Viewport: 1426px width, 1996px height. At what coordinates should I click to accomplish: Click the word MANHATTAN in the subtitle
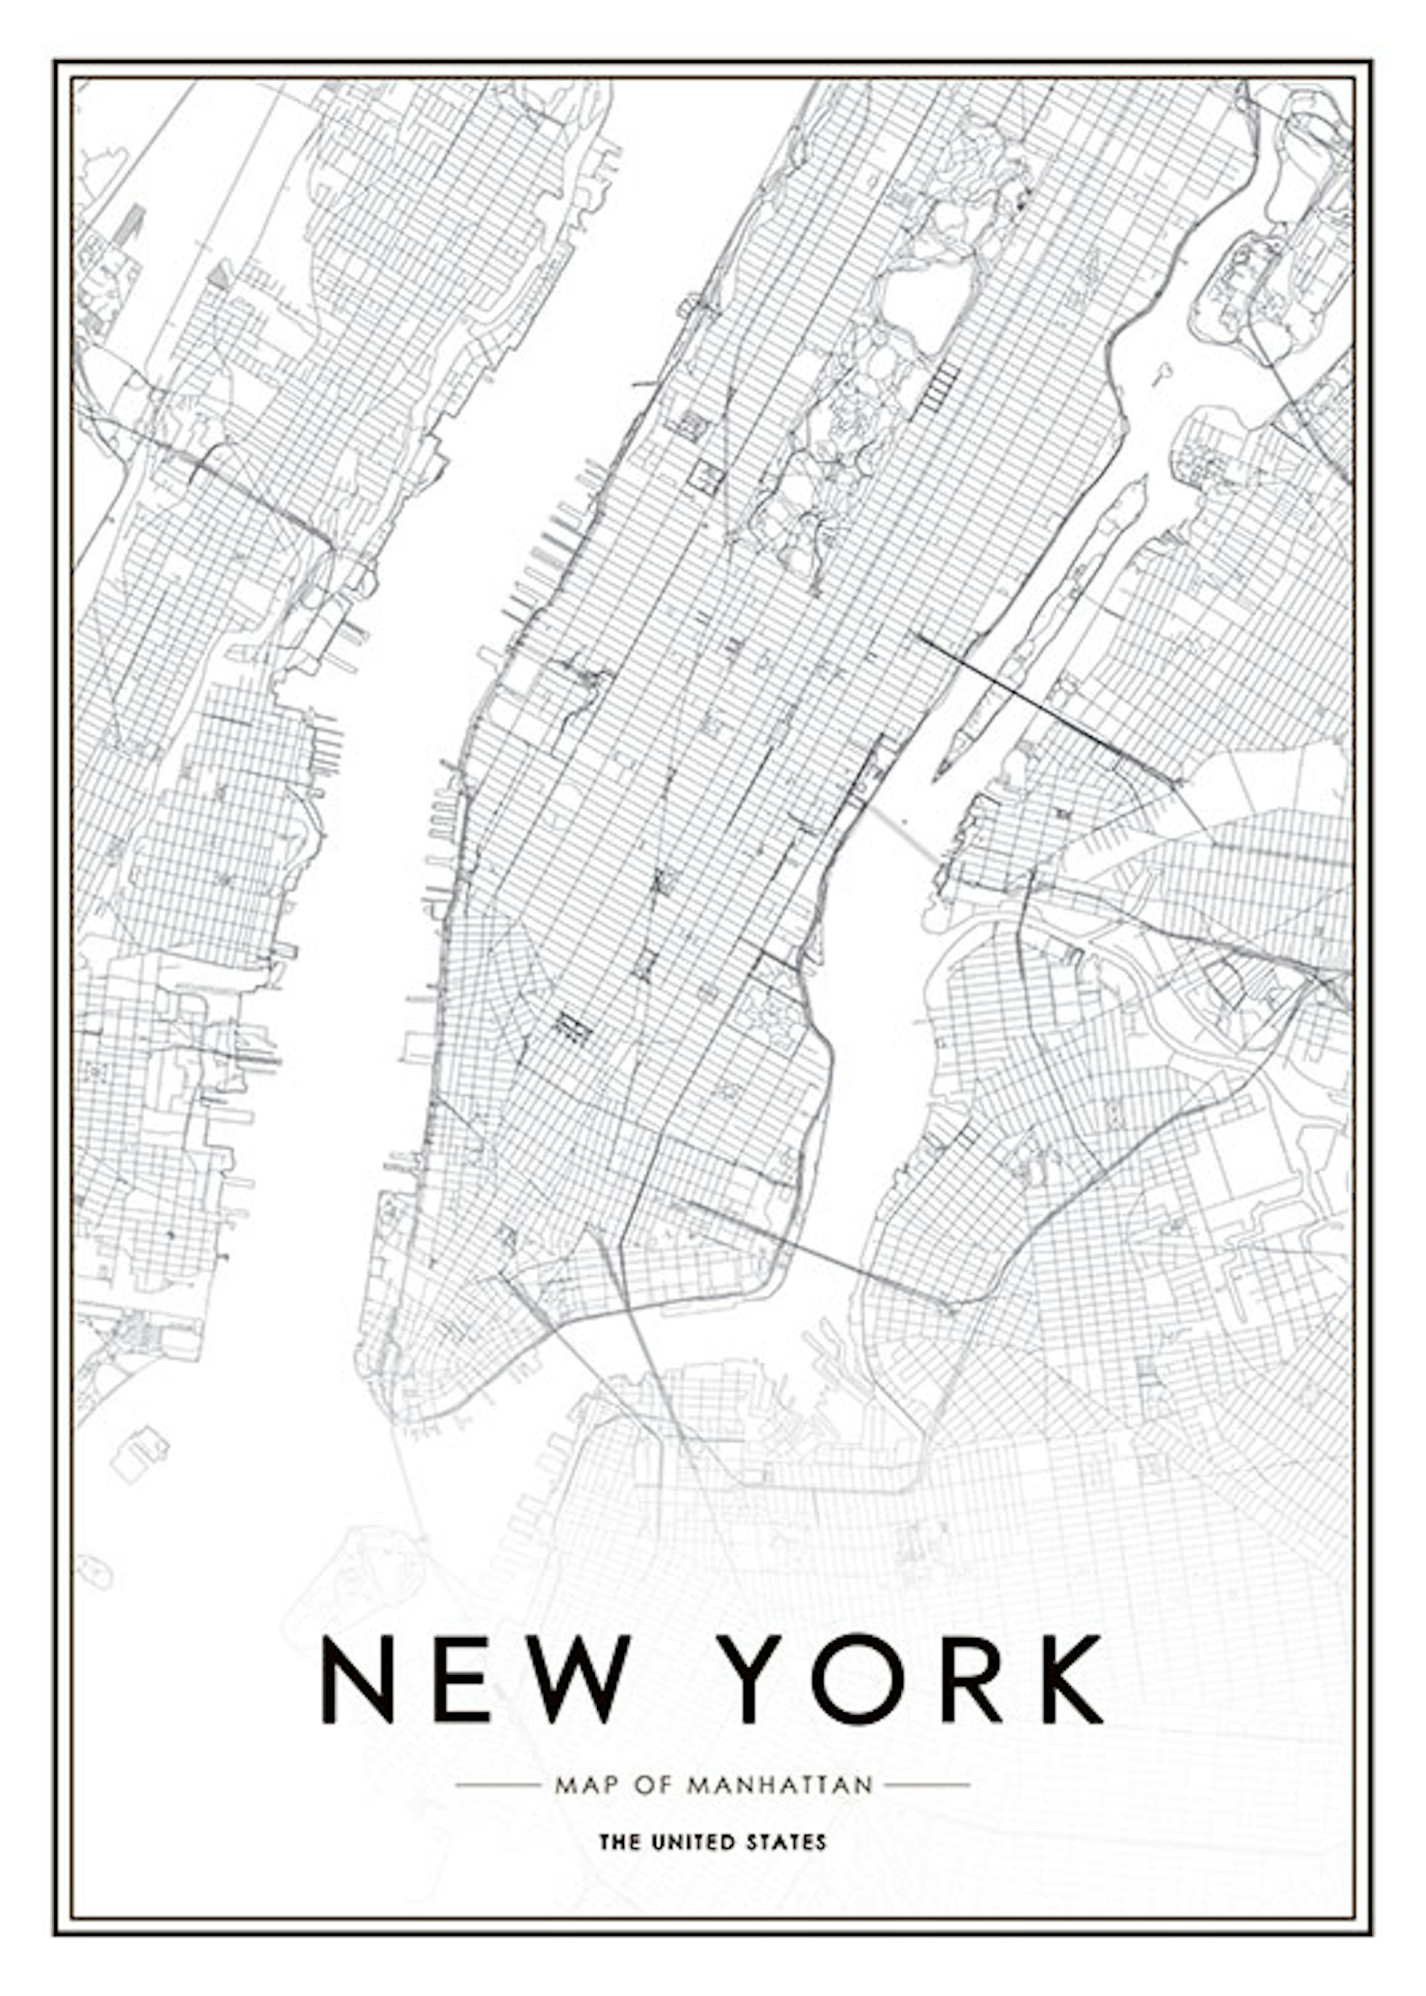[x=780, y=1785]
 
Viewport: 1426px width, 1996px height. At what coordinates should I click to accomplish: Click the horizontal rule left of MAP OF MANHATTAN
[x=498, y=1785]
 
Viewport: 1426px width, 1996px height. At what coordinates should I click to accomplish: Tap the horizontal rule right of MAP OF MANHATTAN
[x=926, y=1785]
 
